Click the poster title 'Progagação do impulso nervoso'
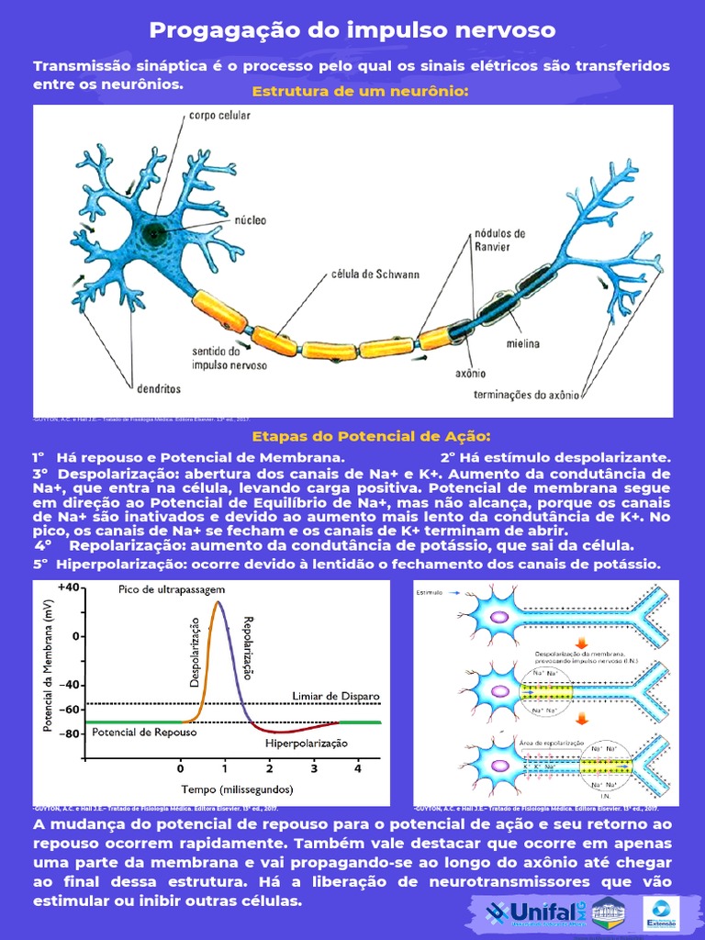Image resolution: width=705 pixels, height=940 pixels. (x=352, y=30)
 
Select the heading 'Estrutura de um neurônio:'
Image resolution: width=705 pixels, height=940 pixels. (x=360, y=92)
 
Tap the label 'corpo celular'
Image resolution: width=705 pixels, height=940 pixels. (x=220, y=117)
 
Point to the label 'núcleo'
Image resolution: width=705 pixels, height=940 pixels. (x=252, y=221)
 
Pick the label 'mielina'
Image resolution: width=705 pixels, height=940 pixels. (x=521, y=344)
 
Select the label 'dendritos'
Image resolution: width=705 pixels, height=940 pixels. (x=157, y=388)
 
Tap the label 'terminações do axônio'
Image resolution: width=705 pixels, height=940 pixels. (x=526, y=395)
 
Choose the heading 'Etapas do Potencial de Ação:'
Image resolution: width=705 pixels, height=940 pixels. (x=371, y=435)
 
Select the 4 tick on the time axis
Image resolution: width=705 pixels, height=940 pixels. (x=358, y=767)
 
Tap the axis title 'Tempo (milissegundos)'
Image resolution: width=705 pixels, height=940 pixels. (x=237, y=789)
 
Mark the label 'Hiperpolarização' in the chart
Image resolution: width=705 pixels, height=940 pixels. (x=307, y=743)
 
